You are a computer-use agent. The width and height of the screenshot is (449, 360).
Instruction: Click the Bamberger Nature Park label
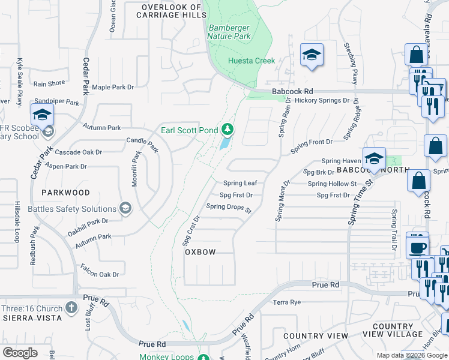click(x=229, y=32)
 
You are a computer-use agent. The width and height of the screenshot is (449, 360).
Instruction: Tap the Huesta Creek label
click(x=252, y=61)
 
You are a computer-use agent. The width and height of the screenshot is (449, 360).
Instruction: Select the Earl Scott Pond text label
click(x=190, y=130)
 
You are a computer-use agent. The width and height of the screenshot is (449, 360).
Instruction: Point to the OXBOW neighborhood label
click(x=200, y=253)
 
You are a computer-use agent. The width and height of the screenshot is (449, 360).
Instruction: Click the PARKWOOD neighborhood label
click(x=66, y=193)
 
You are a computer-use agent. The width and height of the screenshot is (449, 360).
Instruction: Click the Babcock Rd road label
click(x=289, y=91)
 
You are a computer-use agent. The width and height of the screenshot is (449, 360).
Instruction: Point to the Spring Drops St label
click(x=228, y=207)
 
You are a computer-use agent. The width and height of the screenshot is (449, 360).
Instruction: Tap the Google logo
click(x=20, y=352)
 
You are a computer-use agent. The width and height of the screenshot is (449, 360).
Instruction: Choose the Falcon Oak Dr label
click(x=100, y=274)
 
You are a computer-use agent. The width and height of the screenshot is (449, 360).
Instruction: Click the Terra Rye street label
click(x=286, y=302)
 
